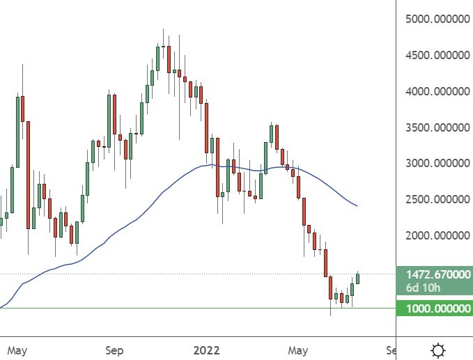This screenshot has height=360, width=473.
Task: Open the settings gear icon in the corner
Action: pos(439,350)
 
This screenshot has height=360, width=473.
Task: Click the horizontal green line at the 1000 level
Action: pos(174,308)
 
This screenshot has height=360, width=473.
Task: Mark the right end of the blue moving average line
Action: pos(357,206)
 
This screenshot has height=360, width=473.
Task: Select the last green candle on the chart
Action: pos(358,279)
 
